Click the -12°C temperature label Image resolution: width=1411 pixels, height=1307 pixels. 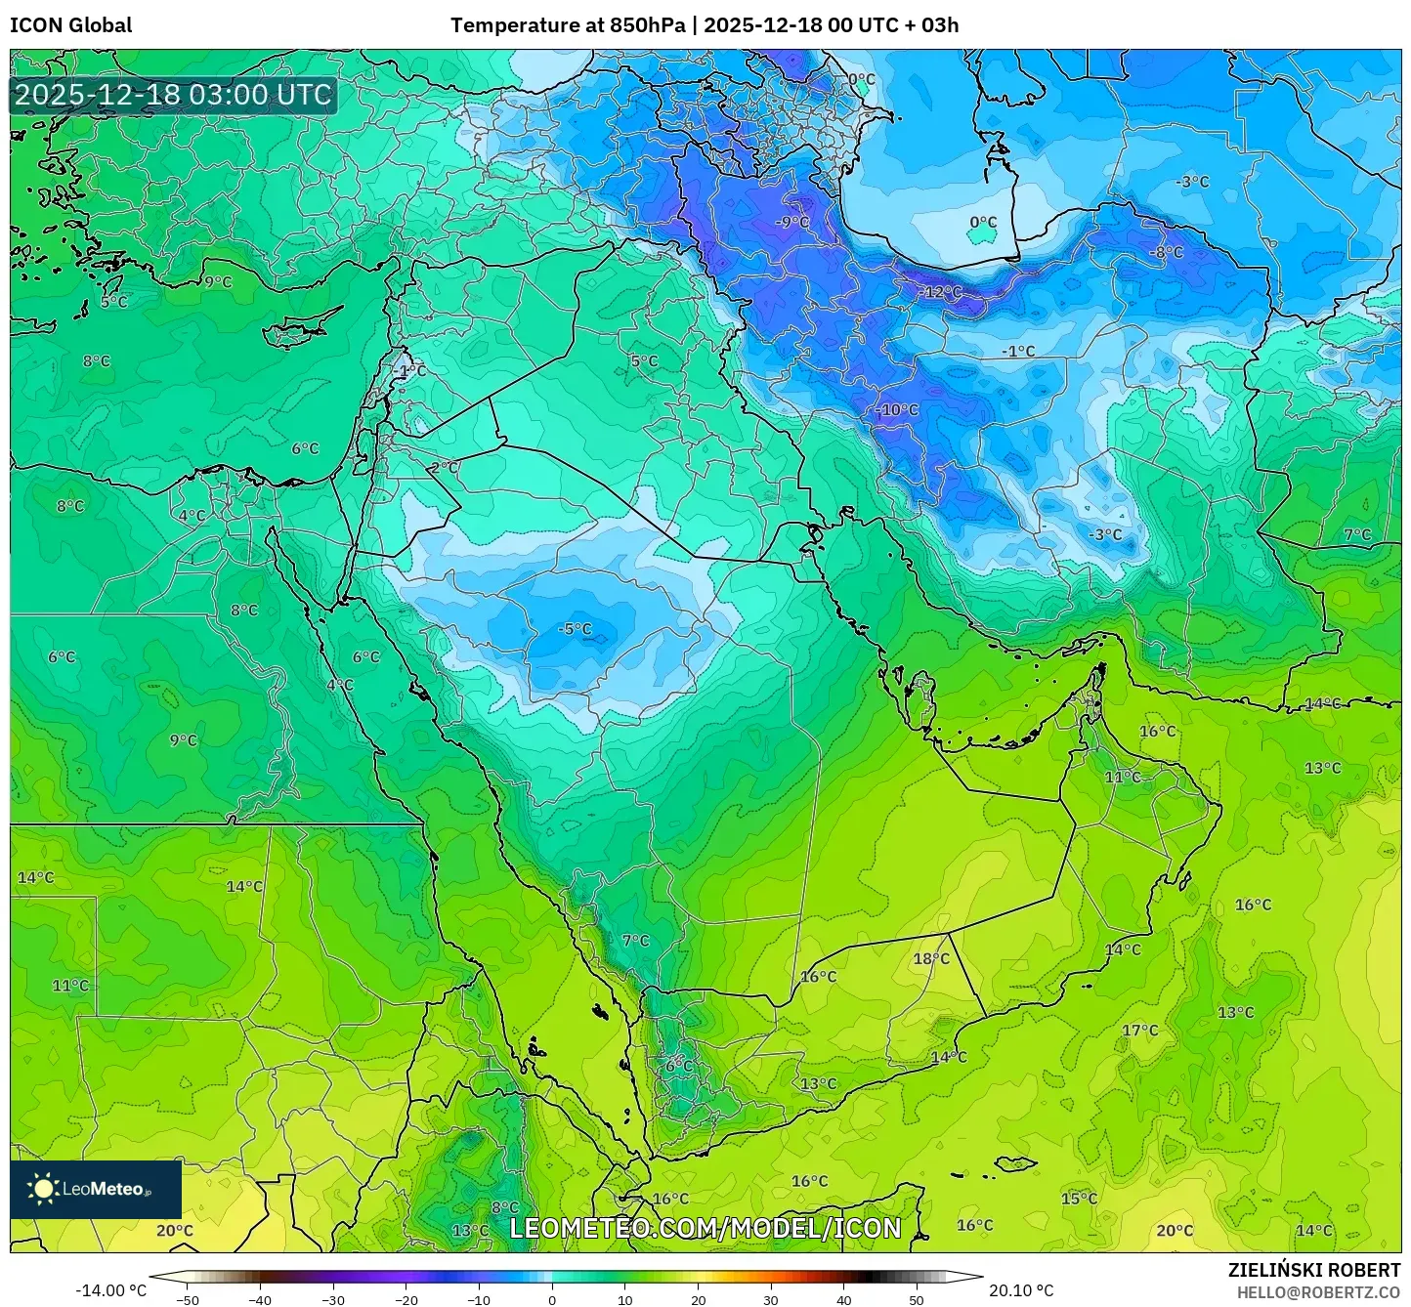tap(942, 292)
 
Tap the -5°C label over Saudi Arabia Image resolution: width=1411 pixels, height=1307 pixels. tap(575, 629)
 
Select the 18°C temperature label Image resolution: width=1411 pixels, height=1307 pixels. tap(930, 959)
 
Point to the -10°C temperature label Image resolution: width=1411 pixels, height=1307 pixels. tap(896, 410)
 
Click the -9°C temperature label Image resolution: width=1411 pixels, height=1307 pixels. tap(792, 223)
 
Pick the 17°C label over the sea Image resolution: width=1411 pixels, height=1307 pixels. tap(1139, 1031)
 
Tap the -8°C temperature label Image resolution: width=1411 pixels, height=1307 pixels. tap(1165, 252)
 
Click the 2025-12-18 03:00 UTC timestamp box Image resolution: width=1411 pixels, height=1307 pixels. tap(174, 95)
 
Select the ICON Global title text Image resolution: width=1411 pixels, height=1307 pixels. tap(70, 25)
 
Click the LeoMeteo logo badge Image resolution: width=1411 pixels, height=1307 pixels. tap(96, 1189)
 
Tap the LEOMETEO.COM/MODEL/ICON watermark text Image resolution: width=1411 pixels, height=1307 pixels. tap(705, 1228)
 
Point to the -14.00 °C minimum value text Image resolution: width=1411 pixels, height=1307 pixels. tap(110, 1290)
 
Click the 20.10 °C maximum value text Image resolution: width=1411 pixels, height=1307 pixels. tap(1021, 1290)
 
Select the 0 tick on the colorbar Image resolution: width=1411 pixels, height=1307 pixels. tap(551, 1300)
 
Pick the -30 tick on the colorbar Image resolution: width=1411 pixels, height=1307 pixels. tap(332, 1300)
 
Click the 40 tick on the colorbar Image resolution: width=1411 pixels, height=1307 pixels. tap(843, 1300)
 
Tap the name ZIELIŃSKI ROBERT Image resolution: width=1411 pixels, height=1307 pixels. tap(1314, 1270)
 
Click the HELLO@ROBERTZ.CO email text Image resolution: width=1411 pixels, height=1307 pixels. tap(1318, 1292)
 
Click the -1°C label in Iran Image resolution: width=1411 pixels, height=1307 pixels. tap(1017, 352)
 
